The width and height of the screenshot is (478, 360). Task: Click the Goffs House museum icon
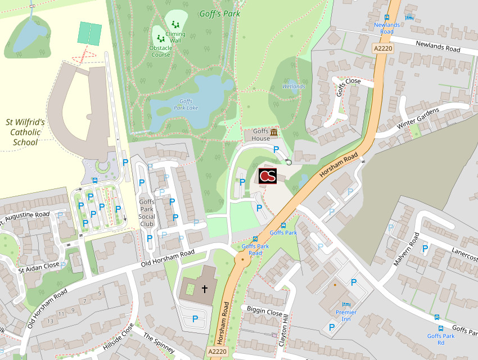pyautogui.click(x=274, y=132)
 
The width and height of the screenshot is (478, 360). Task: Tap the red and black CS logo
pyautogui.click(x=268, y=175)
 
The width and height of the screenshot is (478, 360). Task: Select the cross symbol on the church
pyautogui.click(x=205, y=289)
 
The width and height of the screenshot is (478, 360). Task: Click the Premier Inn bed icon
pyautogui.click(x=346, y=304)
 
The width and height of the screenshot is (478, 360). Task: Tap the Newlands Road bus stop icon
pyautogui.click(x=387, y=17)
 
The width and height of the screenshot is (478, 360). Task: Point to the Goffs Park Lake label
pyautogui.click(x=186, y=104)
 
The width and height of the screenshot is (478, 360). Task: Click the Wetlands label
pyautogui.click(x=294, y=87)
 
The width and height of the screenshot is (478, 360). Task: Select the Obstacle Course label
pyautogui.click(x=160, y=51)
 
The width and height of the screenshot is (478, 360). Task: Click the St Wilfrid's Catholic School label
pyautogui.click(x=25, y=132)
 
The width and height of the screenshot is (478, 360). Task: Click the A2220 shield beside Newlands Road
pyautogui.click(x=383, y=49)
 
